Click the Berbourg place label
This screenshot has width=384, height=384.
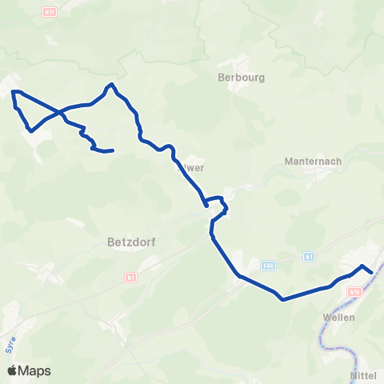coord(241,78)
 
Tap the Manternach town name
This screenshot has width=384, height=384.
coord(313,161)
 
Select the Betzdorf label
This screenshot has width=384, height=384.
coord(129,239)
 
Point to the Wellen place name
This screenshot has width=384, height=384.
coord(338,317)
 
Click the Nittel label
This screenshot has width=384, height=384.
coord(363,374)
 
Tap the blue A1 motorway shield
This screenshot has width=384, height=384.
coord(310,257)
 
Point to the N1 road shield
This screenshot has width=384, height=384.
coord(130,277)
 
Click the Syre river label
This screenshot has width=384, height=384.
coord(10,345)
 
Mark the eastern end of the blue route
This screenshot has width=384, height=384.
coord(371,272)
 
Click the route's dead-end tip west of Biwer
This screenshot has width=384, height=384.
coord(113,150)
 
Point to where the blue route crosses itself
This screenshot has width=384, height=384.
coord(60,111)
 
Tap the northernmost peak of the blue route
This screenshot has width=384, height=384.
coord(112,84)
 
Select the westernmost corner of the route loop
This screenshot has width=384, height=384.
coord(13,93)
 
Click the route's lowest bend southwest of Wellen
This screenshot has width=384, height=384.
coord(284,300)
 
